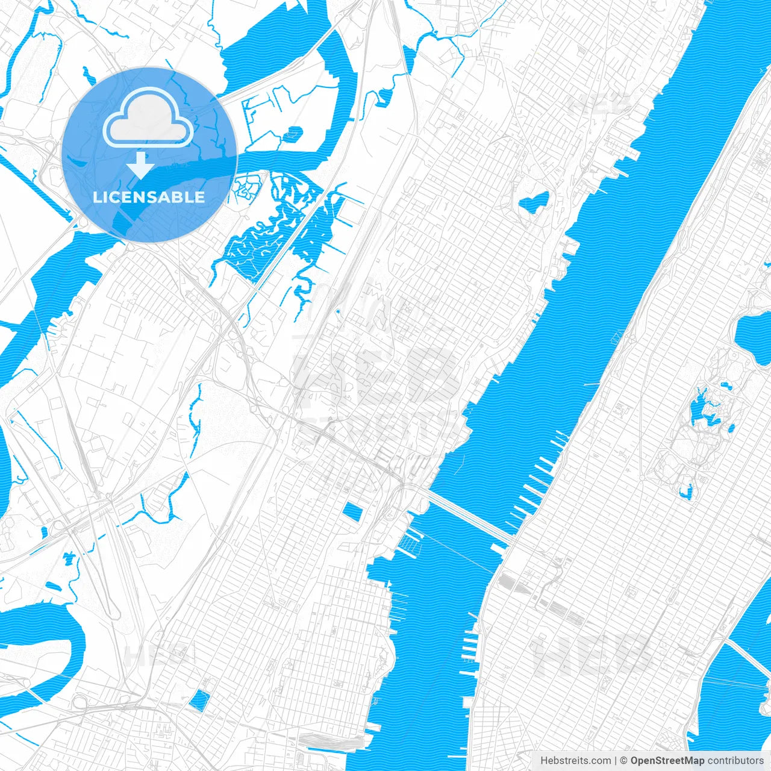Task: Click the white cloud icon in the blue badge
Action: [x=148, y=117]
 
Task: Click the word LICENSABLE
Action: [x=149, y=197]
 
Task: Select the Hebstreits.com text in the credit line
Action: [x=575, y=761]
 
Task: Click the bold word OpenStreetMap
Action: [x=667, y=761]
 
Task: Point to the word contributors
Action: [x=735, y=761]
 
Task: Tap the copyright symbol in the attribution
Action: [x=624, y=761]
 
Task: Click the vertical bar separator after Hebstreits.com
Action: [x=616, y=761]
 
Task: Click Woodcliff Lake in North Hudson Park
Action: [x=534, y=201]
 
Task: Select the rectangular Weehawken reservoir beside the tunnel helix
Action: [x=352, y=513]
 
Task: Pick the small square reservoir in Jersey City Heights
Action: [x=199, y=700]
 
